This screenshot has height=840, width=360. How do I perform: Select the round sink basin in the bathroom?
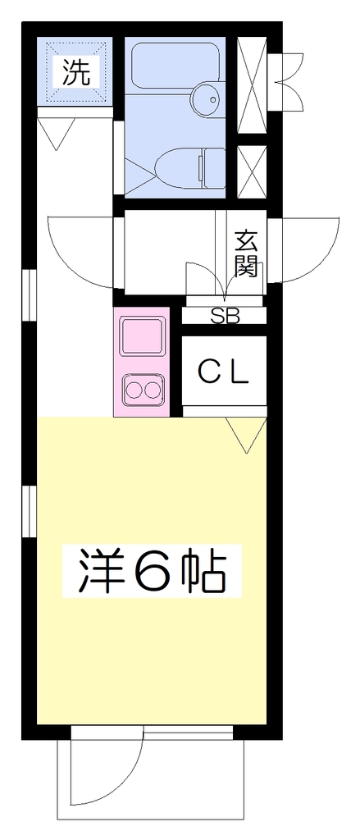point(207,98)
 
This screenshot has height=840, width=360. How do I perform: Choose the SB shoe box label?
point(225,316)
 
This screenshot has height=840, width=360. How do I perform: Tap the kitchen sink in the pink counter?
point(142,336)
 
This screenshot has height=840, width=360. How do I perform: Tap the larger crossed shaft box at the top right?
point(252,84)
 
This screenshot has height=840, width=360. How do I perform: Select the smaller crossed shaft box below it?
point(252,171)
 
